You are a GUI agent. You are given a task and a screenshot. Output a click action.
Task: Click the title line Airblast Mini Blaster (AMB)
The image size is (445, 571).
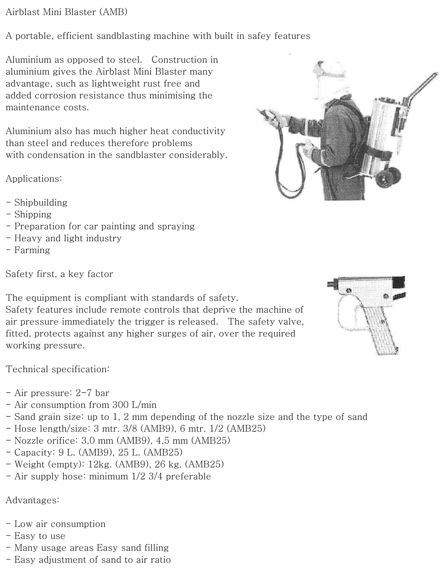[x=67, y=12]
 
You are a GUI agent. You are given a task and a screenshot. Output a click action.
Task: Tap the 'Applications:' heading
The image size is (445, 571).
[x=34, y=178]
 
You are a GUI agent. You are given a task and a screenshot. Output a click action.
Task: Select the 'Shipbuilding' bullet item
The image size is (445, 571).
[x=41, y=203]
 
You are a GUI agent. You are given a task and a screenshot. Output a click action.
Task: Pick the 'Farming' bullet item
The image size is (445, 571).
[x=32, y=250]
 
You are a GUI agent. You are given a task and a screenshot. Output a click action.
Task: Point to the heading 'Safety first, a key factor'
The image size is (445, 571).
[x=59, y=274]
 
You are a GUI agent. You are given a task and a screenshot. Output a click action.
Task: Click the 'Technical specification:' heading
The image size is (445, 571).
[x=57, y=369]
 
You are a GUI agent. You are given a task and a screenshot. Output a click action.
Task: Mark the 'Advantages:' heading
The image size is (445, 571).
[x=32, y=500]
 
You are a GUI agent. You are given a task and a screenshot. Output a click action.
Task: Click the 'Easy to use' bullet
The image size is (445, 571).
[x=40, y=536]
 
